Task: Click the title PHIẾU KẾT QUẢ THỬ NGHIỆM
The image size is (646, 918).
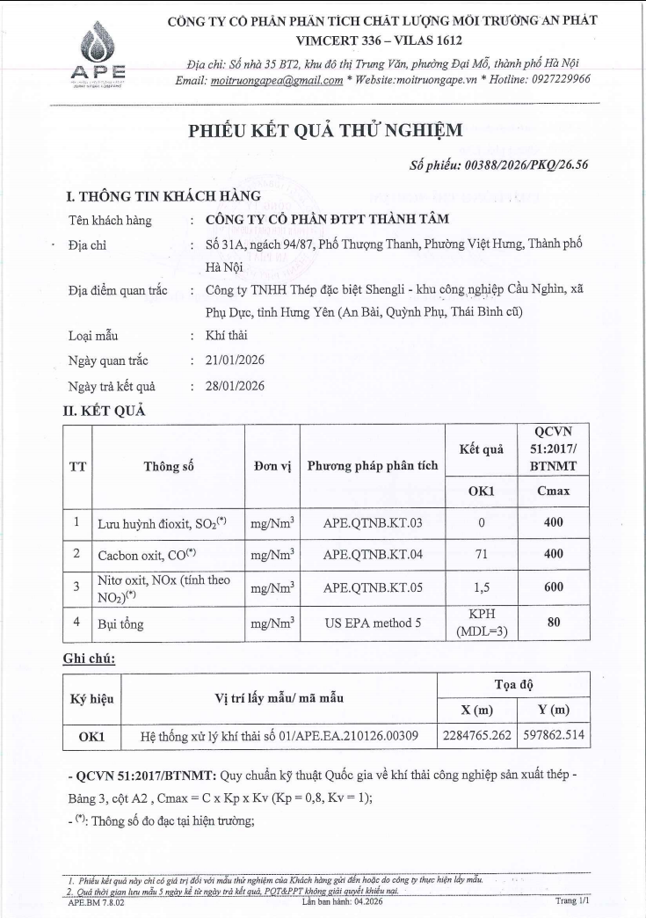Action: click(x=325, y=131)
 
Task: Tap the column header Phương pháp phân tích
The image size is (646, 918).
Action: click(x=373, y=466)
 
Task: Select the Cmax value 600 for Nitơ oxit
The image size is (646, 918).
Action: click(x=554, y=587)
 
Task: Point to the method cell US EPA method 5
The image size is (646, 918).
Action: click(x=373, y=623)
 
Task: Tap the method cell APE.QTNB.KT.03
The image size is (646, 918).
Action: click(x=373, y=523)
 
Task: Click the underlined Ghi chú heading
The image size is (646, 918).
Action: click(x=91, y=658)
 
